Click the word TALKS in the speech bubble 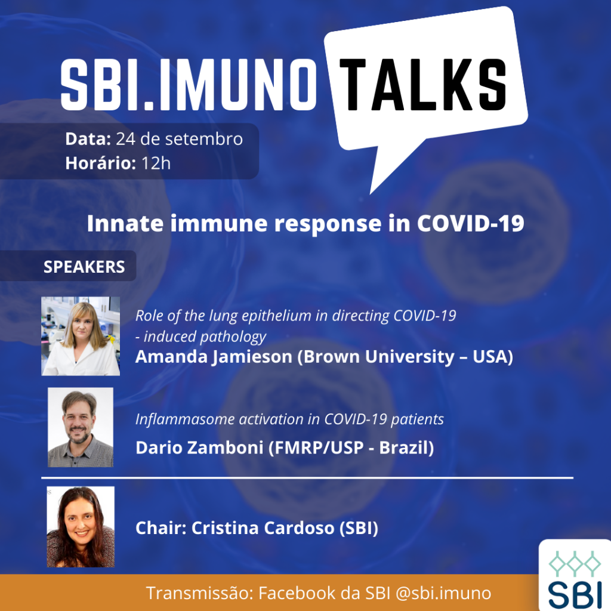423,85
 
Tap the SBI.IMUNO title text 189,85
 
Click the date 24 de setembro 179,139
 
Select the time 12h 156,163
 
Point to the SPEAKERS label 84,267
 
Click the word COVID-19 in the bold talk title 471,224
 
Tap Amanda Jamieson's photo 81,336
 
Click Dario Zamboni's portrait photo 81,427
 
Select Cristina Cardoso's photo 81,526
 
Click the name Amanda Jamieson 214,357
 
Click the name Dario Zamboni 199,448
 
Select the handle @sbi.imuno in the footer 443,593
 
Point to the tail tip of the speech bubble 370,193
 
